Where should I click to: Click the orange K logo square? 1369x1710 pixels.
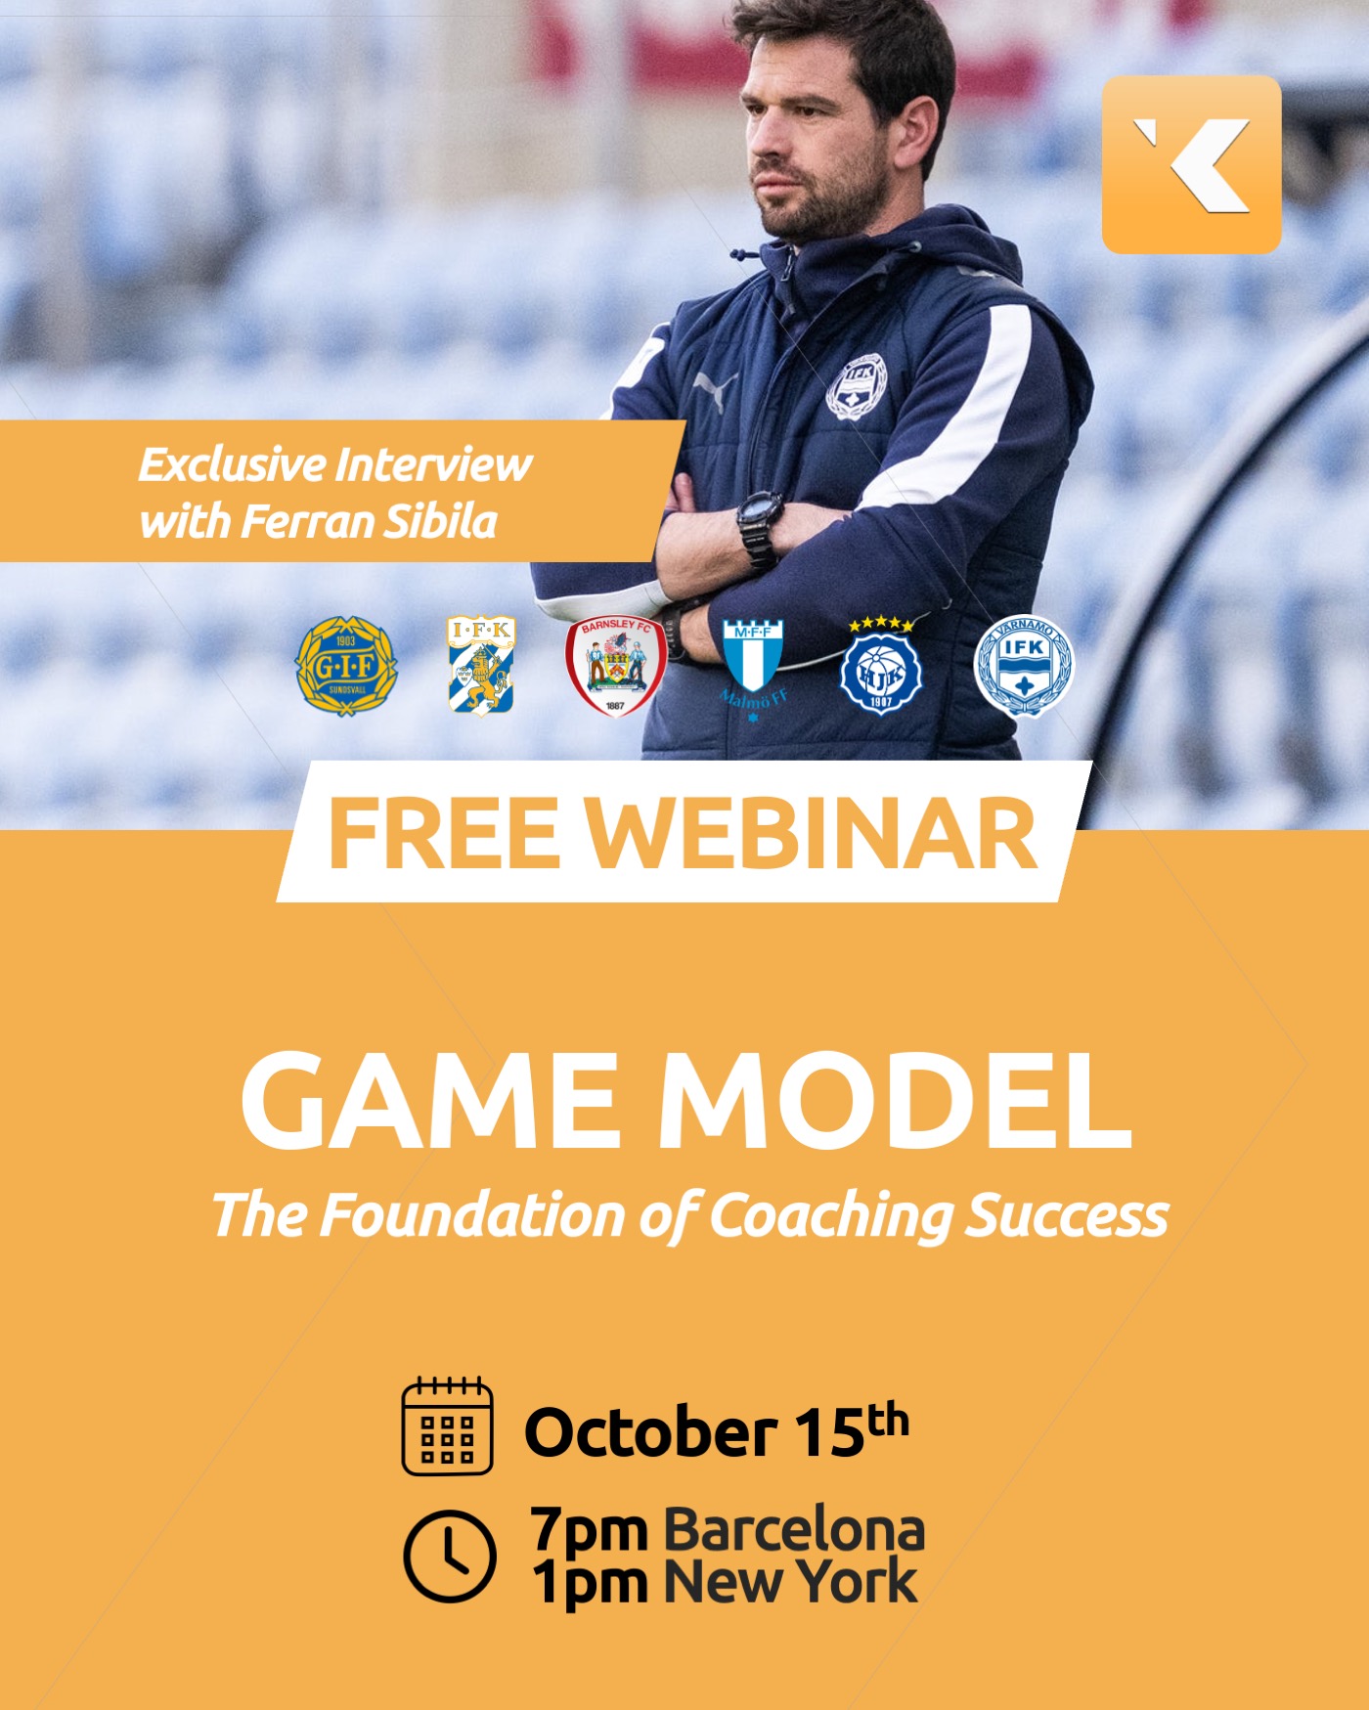pos(1191,164)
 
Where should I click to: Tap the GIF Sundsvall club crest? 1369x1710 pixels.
pos(346,665)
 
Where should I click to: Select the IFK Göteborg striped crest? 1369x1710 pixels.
pos(481,665)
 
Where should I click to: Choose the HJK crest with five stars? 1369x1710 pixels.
pos(880,665)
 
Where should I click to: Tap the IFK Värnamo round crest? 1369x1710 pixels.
pos(1024,666)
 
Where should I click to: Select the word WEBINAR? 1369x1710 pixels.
pos(811,833)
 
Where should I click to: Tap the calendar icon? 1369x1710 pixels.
pos(448,1425)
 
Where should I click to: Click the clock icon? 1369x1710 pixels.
pos(450,1557)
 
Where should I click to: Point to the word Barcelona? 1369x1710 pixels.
pos(794,1530)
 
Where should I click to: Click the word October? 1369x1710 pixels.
pos(650,1432)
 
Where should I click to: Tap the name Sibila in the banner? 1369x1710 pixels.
pos(439,521)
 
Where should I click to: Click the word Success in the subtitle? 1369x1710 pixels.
pos(1067,1215)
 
